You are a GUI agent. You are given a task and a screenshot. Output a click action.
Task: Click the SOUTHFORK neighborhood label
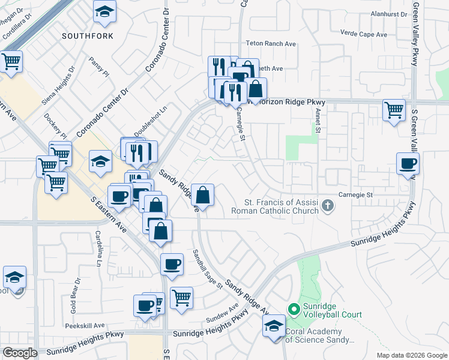click(88, 36)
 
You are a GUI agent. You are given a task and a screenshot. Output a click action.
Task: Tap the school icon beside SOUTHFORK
click(105, 12)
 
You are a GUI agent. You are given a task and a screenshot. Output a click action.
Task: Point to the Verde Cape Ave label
click(363, 34)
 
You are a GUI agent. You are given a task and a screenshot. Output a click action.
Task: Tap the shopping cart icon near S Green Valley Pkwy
click(394, 110)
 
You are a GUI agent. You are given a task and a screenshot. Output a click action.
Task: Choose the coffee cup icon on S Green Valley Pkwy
click(408, 164)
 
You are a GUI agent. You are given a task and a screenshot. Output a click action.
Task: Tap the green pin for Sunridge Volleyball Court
click(294, 310)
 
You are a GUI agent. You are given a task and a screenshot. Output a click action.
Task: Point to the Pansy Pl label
click(98, 67)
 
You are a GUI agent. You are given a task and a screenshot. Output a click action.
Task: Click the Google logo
click(20, 353)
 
